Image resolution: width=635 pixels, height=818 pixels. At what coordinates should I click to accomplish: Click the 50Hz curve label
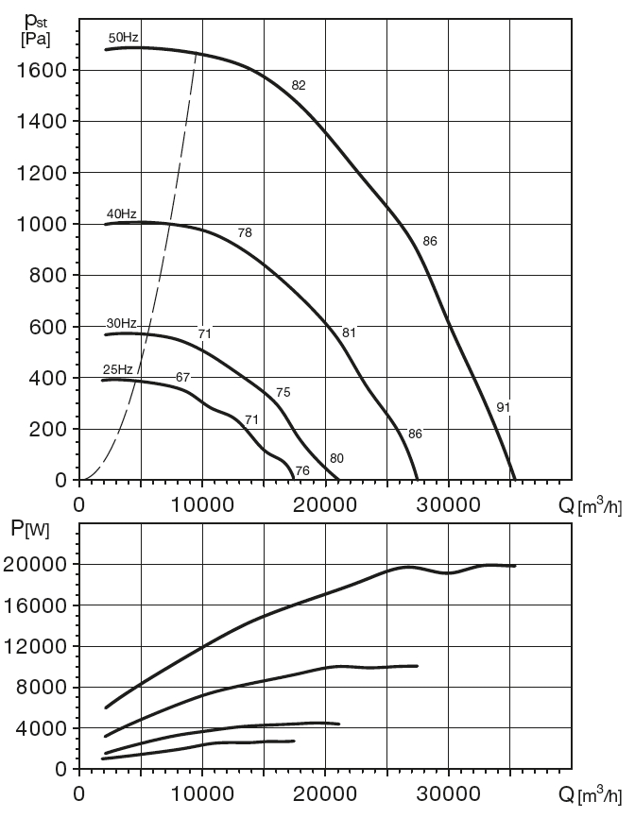point(124,37)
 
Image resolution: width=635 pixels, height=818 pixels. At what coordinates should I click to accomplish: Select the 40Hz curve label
point(121,213)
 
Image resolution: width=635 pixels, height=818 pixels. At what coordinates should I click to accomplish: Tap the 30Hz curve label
point(122,324)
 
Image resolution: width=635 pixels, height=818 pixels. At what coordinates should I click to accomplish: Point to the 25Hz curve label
point(117,368)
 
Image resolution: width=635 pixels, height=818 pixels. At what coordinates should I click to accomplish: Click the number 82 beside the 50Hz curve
point(299,85)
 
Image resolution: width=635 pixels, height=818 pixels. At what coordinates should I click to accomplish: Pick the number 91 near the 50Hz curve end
point(504,407)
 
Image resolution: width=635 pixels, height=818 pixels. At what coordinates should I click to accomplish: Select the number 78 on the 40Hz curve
point(245,232)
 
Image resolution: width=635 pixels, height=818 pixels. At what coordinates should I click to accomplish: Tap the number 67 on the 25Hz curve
point(183,377)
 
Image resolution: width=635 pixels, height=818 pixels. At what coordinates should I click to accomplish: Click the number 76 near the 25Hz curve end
point(302,470)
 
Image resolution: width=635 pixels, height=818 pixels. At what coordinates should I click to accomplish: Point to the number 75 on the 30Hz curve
point(283,393)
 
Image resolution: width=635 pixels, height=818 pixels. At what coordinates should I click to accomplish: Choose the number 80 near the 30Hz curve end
point(336,459)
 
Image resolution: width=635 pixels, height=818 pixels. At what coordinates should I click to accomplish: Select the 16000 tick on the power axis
point(41,605)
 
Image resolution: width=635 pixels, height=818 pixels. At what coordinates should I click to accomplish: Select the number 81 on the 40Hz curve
point(349,332)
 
